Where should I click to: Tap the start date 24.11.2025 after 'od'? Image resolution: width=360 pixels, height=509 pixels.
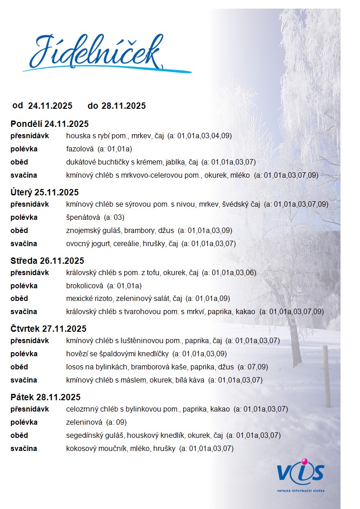(x=50, y=106)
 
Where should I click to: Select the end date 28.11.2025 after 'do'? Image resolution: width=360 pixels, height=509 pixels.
(x=123, y=106)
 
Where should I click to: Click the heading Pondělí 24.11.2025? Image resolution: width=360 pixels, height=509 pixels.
(x=49, y=124)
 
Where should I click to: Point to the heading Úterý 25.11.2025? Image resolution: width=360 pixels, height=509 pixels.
(x=44, y=192)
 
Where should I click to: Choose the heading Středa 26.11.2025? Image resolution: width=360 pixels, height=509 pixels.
(x=47, y=261)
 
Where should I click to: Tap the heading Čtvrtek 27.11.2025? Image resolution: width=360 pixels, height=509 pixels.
(x=48, y=329)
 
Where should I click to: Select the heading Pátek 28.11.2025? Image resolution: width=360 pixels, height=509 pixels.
(x=45, y=398)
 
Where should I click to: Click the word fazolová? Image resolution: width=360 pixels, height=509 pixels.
(x=80, y=149)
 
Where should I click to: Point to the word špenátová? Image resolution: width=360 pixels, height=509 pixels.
(x=83, y=217)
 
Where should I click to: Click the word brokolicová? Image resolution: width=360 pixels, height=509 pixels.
(x=85, y=286)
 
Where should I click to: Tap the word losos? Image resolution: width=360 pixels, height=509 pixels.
(x=74, y=367)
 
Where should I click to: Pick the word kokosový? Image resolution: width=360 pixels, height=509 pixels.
(x=81, y=449)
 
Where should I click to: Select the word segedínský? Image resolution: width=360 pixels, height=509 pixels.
(x=85, y=436)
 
